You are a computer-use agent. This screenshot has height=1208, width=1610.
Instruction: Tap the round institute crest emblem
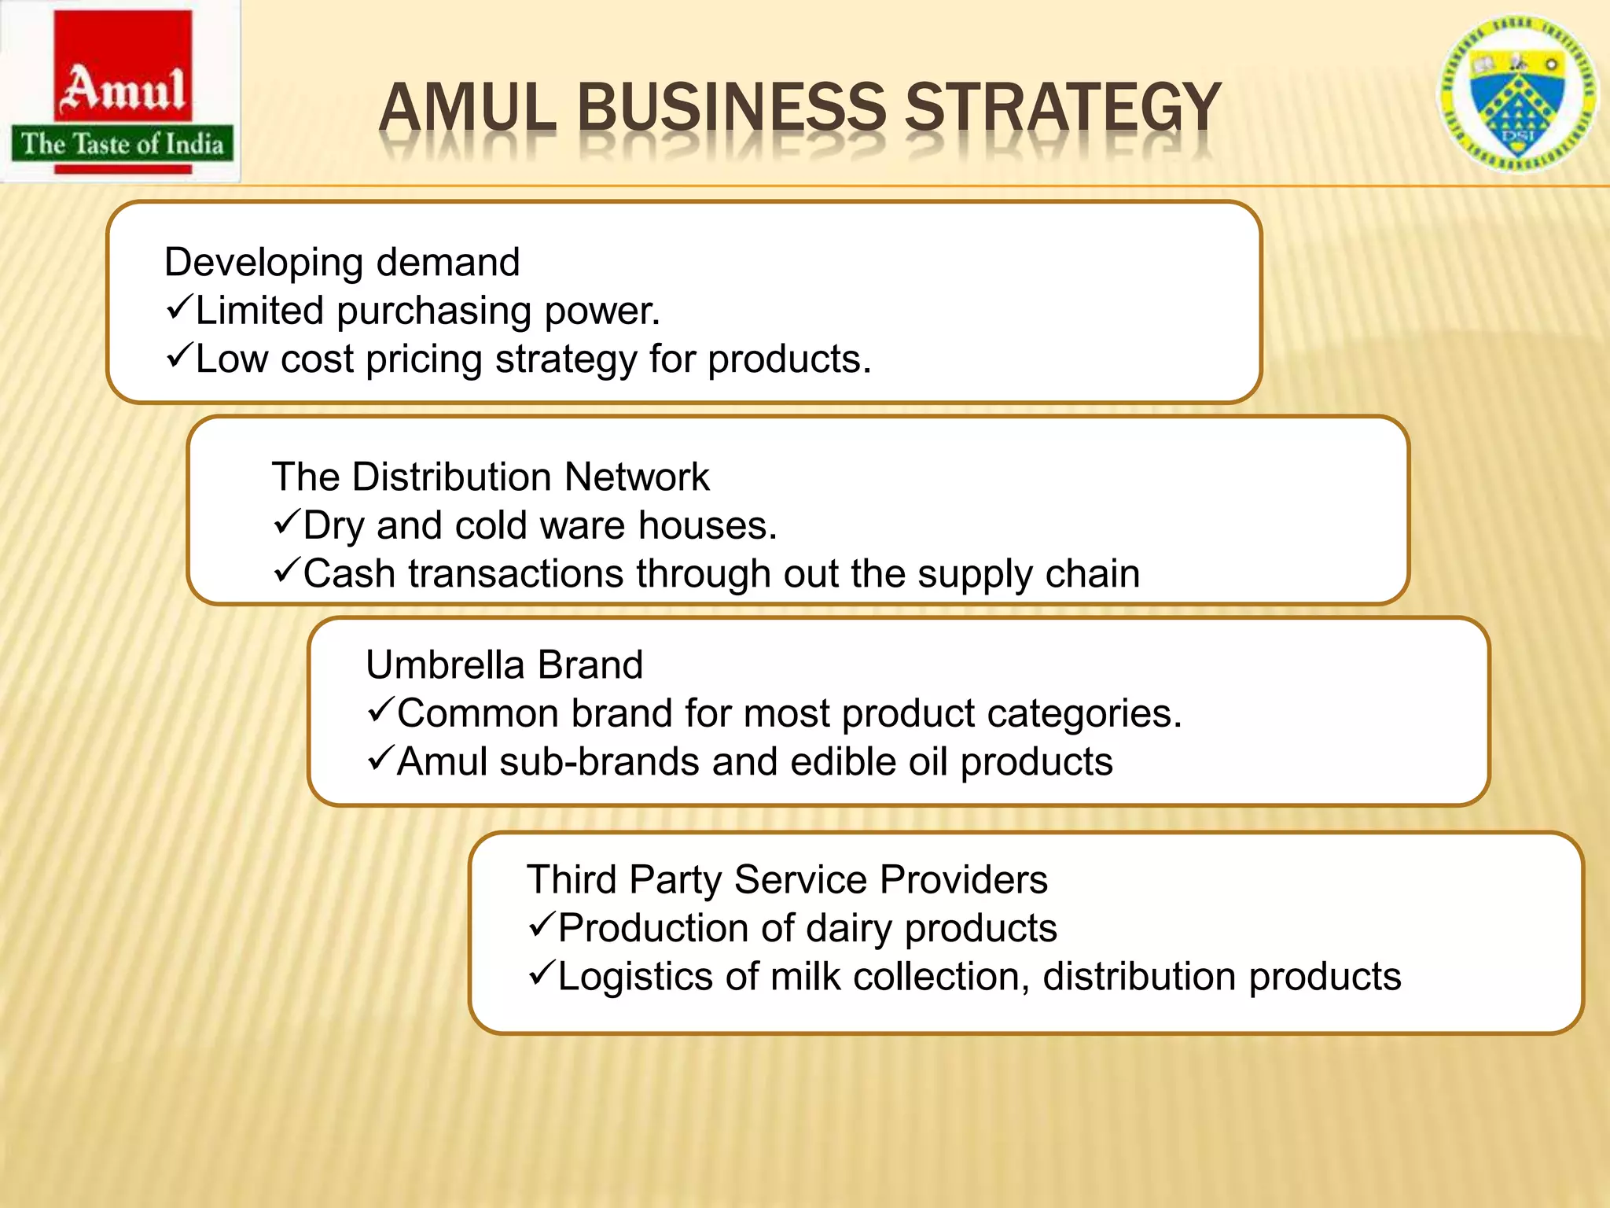coord(1517,95)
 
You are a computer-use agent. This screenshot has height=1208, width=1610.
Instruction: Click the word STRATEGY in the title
coord(1063,108)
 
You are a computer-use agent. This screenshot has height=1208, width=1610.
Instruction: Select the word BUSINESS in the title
coord(732,108)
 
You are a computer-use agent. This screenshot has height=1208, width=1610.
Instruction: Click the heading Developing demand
coord(342,262)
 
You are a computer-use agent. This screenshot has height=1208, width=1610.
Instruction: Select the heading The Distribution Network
coord(490,477)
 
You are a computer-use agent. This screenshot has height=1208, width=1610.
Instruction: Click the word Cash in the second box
coord(349,573)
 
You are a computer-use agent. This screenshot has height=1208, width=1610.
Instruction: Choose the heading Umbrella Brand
coord(504,665)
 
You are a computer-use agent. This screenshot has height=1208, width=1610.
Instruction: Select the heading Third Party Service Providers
coord(786,879)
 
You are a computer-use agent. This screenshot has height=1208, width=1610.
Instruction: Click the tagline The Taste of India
coord(123,144)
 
